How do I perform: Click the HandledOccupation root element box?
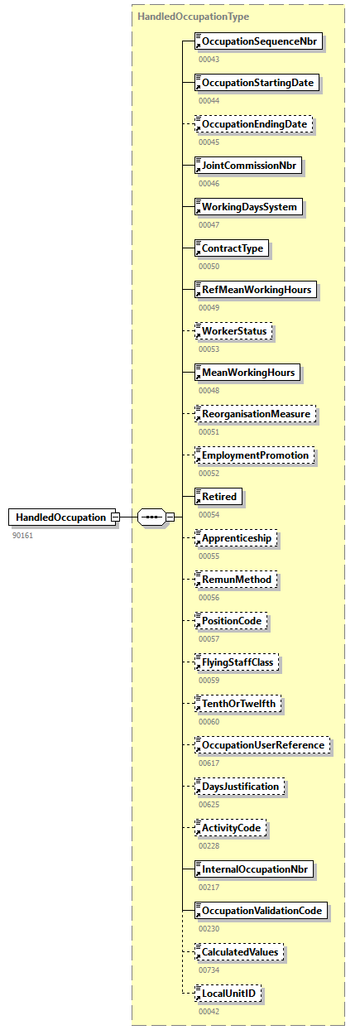pos(60,517)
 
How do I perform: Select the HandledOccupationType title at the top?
pos(193,16)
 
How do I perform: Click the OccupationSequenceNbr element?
pos(257,41)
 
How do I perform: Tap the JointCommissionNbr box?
pos(248,166)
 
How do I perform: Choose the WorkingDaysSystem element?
pos(248,207)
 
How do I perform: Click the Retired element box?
pos(218,497)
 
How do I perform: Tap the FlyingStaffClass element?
pos(239,662)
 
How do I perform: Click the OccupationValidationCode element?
pos(261,911)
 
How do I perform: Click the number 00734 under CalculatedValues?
pos(209,970)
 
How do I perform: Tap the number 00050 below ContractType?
pos(209,266)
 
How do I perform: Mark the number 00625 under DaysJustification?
pos(209,804)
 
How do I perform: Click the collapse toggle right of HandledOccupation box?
pos(116,517)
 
